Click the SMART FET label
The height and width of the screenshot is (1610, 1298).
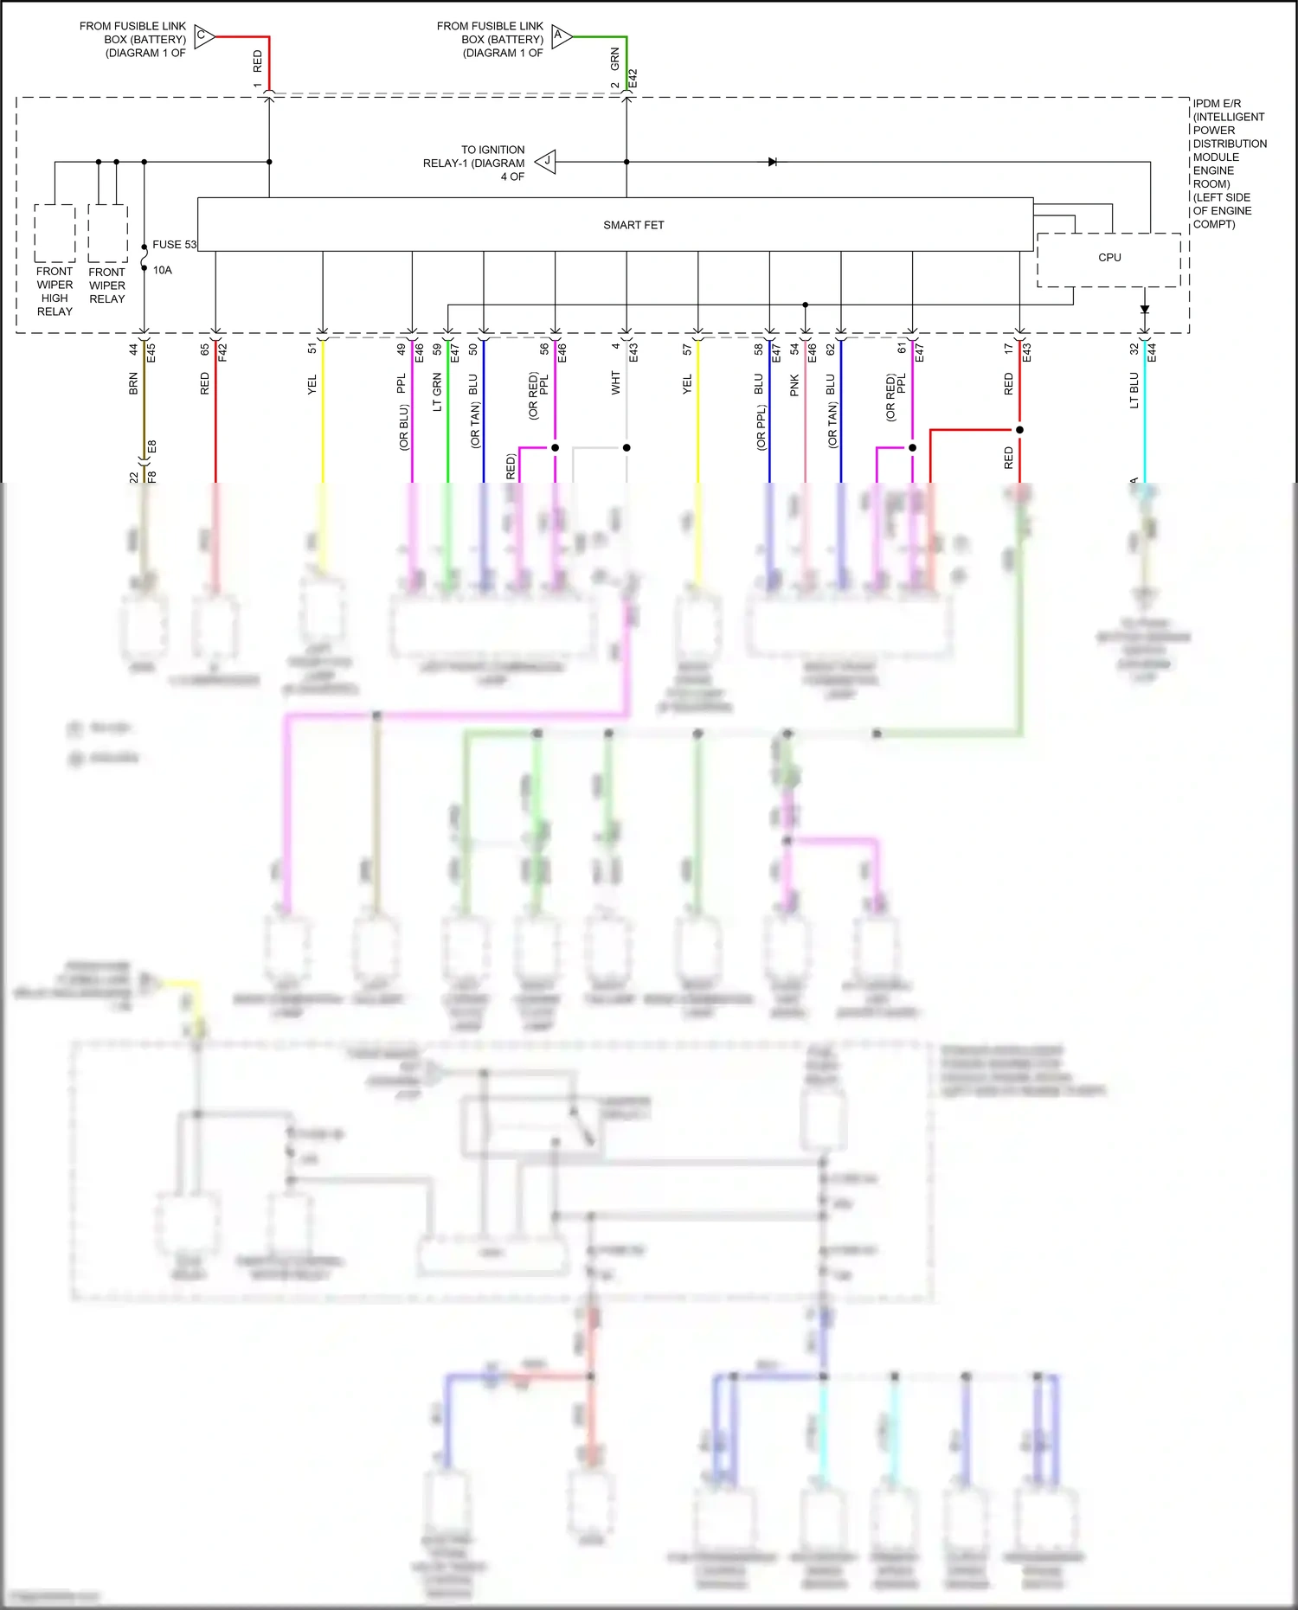[633, 225]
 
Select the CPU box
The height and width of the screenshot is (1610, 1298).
[1108, 259]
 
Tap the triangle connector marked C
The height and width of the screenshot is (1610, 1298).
[203, 36]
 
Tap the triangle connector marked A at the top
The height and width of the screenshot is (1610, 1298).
[561, 36]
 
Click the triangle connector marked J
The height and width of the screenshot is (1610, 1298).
[546, 162]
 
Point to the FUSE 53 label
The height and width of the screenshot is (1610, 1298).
[174, 245]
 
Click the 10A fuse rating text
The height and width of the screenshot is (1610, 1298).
[163, 270]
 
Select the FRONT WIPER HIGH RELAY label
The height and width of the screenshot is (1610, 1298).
[55, 291]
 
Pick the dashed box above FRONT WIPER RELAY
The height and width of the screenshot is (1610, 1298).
[107, 233]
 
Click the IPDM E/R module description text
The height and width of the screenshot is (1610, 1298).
[1229, 164]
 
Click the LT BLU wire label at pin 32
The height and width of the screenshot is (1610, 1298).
[1134, 390]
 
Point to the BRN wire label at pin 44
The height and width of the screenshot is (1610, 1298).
[133, 384]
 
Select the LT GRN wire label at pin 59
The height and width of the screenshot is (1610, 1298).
[437, 392]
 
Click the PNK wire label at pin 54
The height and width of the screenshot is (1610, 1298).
[794, 386]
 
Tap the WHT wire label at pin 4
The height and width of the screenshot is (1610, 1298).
[615, 383]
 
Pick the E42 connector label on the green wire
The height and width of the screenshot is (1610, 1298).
[633, 79]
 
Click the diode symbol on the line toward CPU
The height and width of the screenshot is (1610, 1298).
[773, 162]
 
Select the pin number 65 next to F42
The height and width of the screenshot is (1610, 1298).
[205, 350]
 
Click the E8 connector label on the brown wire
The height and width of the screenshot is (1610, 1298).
[152, 447]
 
